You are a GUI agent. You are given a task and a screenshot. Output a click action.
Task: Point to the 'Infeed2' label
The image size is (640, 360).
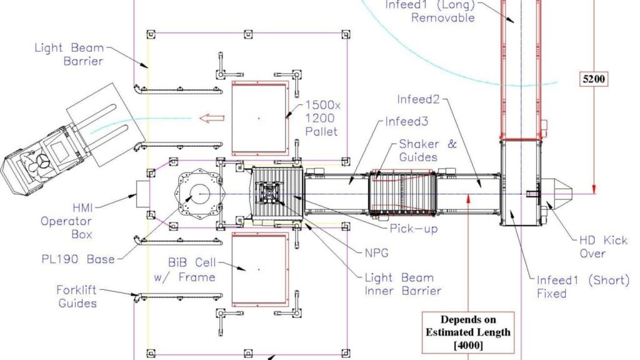(x=419, y=99)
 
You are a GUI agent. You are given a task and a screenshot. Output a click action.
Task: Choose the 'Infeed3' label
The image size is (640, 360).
(x=407, y=121)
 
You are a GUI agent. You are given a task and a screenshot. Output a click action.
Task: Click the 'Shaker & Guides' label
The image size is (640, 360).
(x=427, y=150)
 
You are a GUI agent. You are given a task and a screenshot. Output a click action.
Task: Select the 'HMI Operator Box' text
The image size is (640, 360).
(x=66, y=221)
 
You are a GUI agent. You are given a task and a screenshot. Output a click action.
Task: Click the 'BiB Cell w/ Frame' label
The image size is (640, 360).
(x=184, y=270)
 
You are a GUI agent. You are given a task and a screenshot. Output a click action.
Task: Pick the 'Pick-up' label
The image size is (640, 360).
(x=413, y=229)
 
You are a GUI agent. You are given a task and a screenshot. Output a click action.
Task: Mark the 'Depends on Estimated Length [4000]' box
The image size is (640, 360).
(x=467, y=332)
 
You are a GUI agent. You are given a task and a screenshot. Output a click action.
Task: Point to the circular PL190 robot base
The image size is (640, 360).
(x=200, y=194)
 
